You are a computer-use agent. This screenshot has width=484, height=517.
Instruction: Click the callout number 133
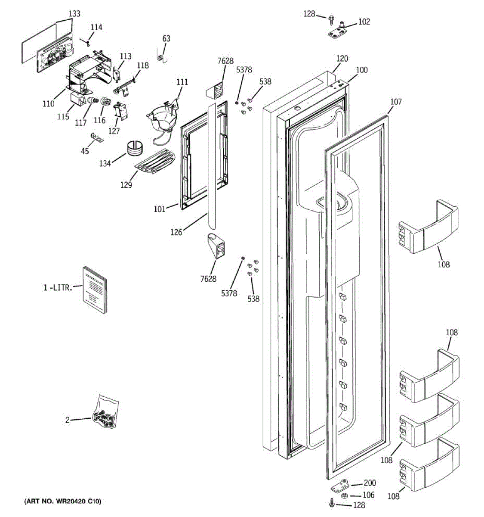[74, 14]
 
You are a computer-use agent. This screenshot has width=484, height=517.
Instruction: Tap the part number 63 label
[166, 38]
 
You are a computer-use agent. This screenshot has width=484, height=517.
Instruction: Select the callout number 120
[342, 59]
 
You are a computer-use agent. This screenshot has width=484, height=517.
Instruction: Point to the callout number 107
[396, 102]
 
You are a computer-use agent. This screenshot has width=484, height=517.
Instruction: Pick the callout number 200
[370, 483]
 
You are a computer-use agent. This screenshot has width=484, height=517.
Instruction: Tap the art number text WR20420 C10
[63, 501]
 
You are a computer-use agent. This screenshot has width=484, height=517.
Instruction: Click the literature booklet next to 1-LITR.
[94, 290]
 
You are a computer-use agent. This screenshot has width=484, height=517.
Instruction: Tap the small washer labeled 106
[344, 495]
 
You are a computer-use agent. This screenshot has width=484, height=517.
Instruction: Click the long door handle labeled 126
[211, 164]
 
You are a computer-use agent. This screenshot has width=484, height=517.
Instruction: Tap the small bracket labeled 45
[97, 137]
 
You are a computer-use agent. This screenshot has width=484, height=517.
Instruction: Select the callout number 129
[126, 184]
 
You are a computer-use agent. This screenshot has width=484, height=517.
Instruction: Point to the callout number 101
[159, 210]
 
